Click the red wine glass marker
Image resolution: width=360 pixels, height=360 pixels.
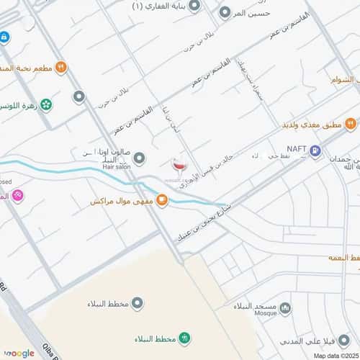(178, 165)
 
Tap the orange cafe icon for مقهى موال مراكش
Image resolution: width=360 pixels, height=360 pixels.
(162, 201)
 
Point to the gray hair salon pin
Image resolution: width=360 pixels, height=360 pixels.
(139, 158)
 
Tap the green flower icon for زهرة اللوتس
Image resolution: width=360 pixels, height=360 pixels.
(47, 105)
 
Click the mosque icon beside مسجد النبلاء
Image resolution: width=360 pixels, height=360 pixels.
(285, 308)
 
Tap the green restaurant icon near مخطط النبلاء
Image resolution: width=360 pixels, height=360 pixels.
(184, 337)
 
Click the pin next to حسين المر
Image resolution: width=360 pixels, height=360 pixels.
(225, 13)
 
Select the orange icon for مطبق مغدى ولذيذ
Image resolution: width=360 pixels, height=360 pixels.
(350, 124)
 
